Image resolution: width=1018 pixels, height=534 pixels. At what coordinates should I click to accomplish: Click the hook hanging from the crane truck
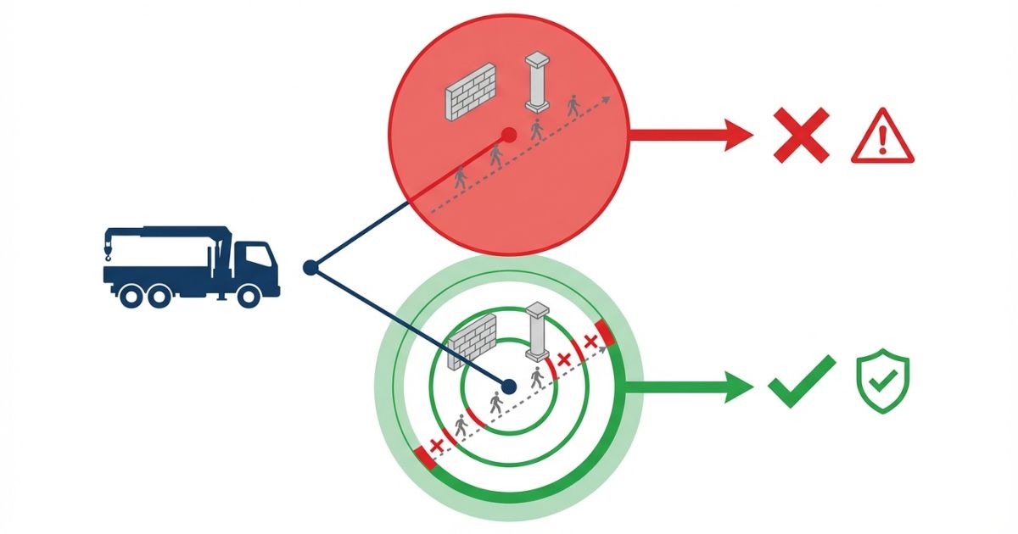click(109, 250)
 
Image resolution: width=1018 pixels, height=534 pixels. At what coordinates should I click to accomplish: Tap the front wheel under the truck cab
click(249, 294)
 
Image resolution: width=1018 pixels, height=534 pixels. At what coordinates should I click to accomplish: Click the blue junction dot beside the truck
click(310, 268)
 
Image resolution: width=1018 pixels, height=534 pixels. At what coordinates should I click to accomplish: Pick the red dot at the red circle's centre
click(508, 134)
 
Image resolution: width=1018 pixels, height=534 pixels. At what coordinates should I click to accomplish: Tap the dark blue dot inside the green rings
click(508, 387)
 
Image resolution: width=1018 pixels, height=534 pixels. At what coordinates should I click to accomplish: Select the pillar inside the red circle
click(537, 82)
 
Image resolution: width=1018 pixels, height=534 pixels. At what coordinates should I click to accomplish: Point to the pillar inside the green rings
click(537, 333)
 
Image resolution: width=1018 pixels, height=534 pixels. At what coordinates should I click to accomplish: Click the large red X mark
click(801, 135)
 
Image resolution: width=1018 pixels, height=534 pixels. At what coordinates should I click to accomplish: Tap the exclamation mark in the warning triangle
click(882, 137)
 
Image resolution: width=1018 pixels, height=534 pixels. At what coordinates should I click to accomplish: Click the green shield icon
click(882, 381)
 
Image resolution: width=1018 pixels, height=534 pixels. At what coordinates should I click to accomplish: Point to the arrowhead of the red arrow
click(738, 135)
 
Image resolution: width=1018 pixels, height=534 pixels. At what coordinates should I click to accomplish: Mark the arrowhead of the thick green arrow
click(738, 387)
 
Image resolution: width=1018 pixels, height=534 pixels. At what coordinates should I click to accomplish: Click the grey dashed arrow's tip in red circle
click(607, 98)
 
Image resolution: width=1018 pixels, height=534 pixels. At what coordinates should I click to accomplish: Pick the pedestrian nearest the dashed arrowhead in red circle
click(574, 106)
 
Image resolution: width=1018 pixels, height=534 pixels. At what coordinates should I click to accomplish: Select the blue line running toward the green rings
click(407, 326)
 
